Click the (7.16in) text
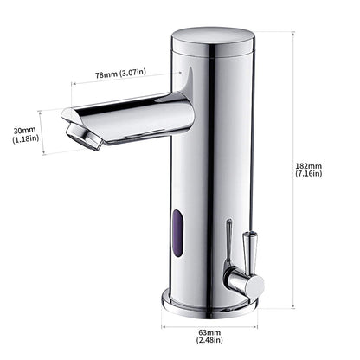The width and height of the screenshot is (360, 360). (x=307, y=174)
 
